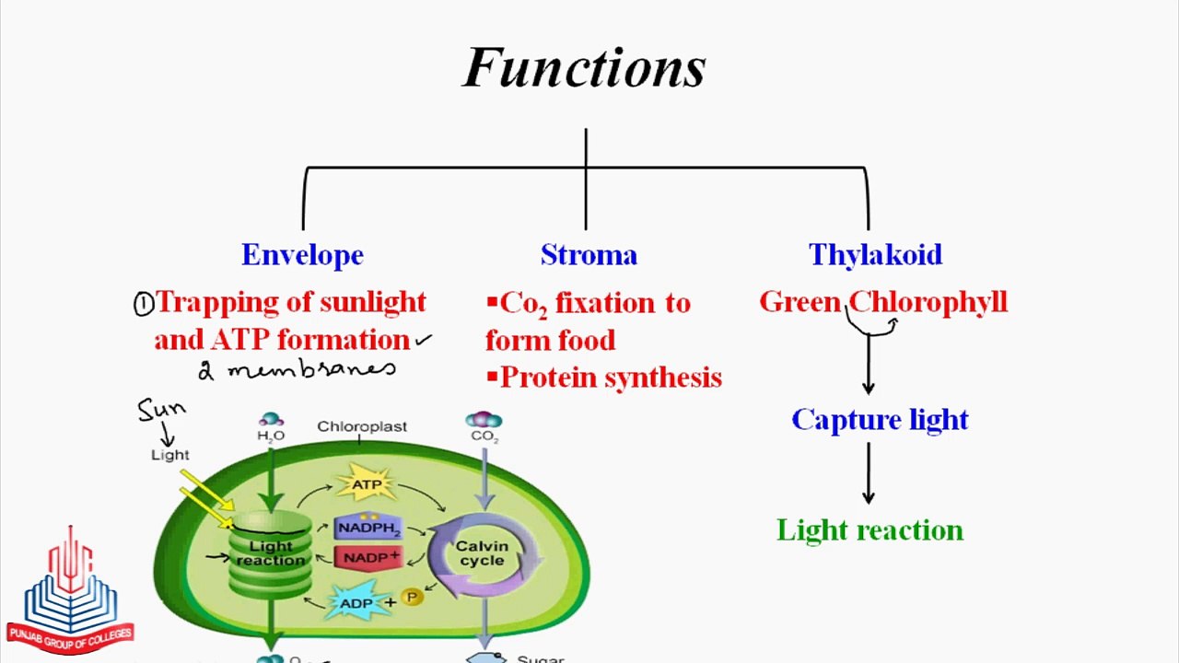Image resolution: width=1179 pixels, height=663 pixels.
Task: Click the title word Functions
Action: pos(584,68)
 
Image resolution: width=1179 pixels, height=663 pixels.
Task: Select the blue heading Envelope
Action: pos(302,255)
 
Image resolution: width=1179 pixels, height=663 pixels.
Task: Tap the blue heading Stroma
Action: pos(589,255)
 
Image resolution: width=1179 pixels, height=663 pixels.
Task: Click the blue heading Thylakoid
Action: pos(875,255)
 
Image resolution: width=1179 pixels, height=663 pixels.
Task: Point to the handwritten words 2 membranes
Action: pos(298,370)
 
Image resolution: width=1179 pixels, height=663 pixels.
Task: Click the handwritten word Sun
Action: pos(161,409)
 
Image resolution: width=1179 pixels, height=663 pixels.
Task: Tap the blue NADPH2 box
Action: pos(368,529)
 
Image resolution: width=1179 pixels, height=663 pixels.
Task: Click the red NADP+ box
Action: pos(368,557)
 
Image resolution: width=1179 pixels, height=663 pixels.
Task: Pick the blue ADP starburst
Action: pos(356,603)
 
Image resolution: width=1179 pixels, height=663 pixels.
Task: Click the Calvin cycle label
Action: pos(482,553)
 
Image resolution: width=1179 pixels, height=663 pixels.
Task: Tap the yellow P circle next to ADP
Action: pos(412,598)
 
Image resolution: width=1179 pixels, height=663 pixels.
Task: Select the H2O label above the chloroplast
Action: pos(271,436)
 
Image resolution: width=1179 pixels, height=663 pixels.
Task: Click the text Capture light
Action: pos(880,420)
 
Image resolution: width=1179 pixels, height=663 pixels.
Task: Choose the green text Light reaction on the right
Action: pos(870,530)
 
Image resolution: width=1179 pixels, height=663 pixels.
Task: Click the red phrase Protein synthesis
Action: pos(611,378)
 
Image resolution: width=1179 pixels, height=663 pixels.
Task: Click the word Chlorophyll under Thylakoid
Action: pos(928,302)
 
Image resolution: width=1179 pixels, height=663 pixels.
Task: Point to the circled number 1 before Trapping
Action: pos(143,305)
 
